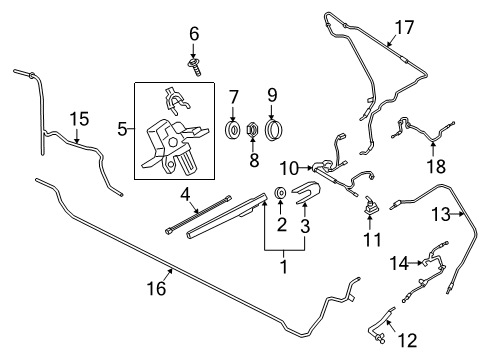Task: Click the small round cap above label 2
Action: (x=281, y=192)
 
